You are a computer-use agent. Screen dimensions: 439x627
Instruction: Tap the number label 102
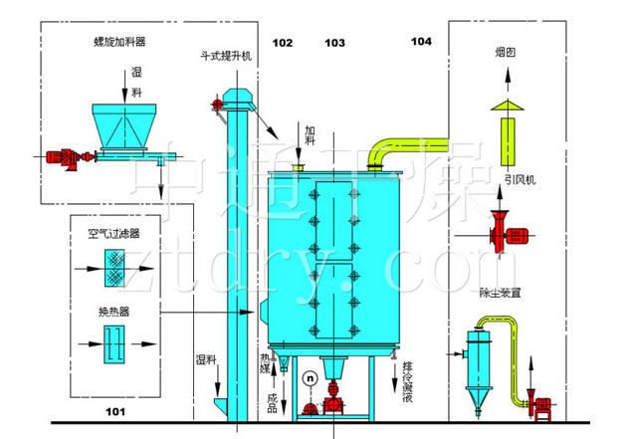pos(282,43)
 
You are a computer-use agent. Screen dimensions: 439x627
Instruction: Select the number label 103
pos(334,43)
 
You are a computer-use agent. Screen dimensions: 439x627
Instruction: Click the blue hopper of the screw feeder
pos(126,124)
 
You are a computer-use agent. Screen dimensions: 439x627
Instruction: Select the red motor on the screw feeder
pos(63,156)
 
